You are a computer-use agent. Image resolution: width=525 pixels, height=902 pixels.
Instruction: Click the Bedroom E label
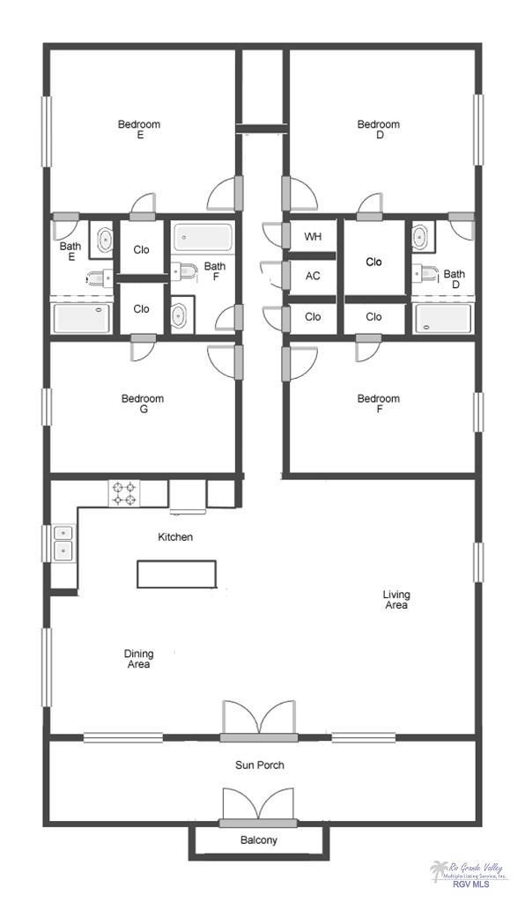139,129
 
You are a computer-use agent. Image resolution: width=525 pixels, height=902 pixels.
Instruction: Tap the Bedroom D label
378,129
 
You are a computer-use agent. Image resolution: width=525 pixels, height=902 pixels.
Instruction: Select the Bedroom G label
143,403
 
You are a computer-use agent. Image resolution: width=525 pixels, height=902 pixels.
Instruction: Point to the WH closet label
313,237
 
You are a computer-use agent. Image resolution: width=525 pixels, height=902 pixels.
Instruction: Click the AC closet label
313,276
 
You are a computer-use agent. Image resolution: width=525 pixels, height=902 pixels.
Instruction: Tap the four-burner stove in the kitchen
124,492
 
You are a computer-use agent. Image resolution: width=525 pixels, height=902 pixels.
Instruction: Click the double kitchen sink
63,543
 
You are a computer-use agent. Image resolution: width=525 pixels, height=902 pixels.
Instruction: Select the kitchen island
176,574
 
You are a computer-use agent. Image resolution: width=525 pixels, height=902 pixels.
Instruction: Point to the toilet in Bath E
99,278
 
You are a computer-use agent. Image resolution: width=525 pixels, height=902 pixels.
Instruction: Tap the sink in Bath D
420,236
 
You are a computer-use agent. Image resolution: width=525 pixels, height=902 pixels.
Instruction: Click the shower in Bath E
82,318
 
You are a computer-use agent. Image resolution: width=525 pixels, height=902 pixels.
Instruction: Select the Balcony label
259,840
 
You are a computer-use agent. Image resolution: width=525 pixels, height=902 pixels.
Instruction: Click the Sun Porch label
259,765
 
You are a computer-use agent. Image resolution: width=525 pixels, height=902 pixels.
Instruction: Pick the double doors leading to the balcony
257,805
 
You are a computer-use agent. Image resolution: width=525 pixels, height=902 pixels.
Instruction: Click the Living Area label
396,600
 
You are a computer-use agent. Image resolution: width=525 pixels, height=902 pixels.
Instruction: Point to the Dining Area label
138,659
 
